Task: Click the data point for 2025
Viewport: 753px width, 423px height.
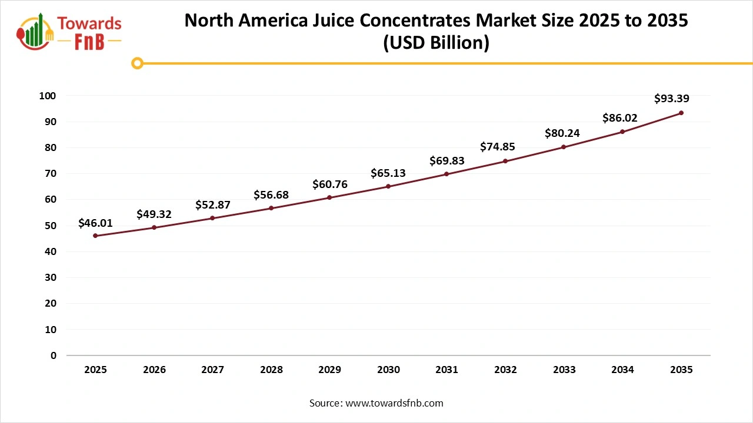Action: tap(95, 236)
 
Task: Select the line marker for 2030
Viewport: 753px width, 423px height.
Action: tap(388, 186)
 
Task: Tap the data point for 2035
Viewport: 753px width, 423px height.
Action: tap(681, 113)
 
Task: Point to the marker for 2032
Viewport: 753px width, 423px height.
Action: tap(505, 161)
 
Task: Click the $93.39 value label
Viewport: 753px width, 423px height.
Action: tap(671, 99)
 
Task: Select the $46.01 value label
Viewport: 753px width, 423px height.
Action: tap(95, 223)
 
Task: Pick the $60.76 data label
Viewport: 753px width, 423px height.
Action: tap(329, 184)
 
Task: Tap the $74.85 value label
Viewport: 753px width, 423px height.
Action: tap(497, 147)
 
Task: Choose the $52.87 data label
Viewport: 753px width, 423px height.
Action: tap(212, 205)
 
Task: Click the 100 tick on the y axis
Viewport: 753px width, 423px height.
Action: tap(48, 96)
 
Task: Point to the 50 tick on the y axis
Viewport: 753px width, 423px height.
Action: tap(51, 226)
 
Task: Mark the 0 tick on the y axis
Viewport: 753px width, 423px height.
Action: tap(54, 355)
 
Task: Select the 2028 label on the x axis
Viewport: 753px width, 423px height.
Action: tap(271, 370)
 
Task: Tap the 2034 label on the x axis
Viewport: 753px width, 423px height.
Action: tap(622, 370)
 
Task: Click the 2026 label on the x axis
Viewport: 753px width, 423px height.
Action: tap(154, 370)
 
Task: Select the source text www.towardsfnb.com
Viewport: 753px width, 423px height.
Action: tap(394, 403)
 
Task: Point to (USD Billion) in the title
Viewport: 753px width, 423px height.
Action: tap(436, 43)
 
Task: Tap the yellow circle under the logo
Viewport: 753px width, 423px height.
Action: tap(137, 63)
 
